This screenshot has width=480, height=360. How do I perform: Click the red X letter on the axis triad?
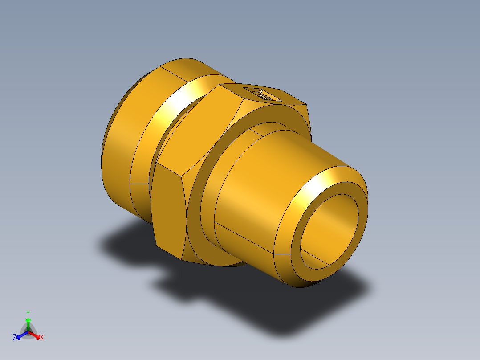click(x=42, y=338)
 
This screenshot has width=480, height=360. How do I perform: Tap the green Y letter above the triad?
click(x=28, y=313)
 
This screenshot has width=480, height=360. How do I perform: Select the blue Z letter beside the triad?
click(x=15, y=338)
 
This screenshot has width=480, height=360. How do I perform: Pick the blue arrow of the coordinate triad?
click(x=21, y=335)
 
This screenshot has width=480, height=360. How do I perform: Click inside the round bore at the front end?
click(x=329, y=232)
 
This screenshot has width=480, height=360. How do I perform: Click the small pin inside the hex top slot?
click(x=264, y=95)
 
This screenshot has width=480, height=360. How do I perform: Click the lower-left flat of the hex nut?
click(x=168, y=209)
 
